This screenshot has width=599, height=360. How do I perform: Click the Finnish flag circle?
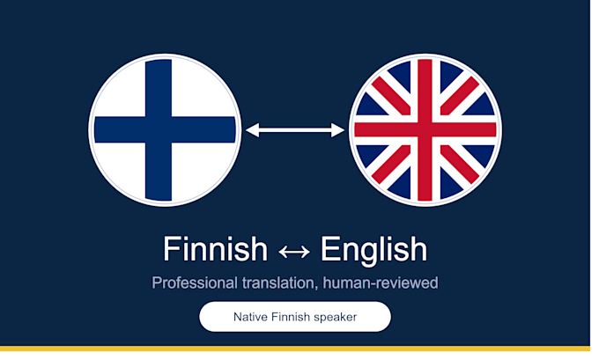click(x=165, y=130)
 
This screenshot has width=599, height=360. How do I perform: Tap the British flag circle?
click(x=425, y=130)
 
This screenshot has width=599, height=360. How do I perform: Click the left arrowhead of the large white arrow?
click(x=253, y=130)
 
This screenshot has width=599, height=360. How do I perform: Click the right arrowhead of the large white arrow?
click(x=337, y=130)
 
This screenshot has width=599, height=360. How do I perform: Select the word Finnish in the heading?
click(x=216, y=249)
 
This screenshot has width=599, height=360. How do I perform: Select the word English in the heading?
click(x=373, y=250)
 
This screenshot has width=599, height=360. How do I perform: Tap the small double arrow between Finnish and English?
click(x=294, y=253)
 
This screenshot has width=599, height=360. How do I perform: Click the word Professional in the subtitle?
click(x=195, y=283)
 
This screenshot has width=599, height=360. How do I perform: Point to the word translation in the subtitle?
click(x=280, y=283)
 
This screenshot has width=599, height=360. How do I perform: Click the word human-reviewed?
click(x=381, y=283)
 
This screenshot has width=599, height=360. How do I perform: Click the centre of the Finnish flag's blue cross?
click(x=159, y=129)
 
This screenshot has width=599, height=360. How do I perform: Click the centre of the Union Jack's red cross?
click(x=425, y=129)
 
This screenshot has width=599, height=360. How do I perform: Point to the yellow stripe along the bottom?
click(x=295, y=349)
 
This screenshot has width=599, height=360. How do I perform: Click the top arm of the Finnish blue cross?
click(x=159, y=88)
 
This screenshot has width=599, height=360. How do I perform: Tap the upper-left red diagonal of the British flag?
click(x=391, y=96)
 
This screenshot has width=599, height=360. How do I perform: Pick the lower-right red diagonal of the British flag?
click(x=460, y=165)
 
